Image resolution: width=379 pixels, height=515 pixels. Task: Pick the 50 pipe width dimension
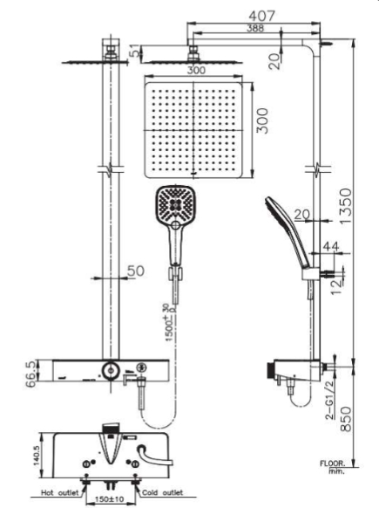(x=135, y=272)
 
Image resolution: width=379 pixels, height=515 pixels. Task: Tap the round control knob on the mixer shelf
(x=111, y=370)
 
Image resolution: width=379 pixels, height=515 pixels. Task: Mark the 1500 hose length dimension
(x=176, y=321)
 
